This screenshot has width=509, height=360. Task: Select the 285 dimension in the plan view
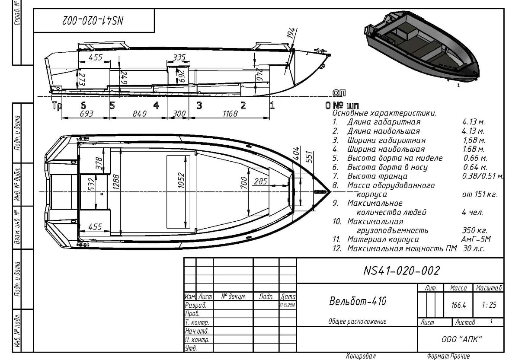(260, 182)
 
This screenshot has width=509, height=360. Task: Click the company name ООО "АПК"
(461, 340)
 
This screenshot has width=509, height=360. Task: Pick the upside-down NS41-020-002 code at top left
(95, 20)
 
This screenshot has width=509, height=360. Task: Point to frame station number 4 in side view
(156, 105)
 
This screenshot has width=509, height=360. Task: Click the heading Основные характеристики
(384, 113)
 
